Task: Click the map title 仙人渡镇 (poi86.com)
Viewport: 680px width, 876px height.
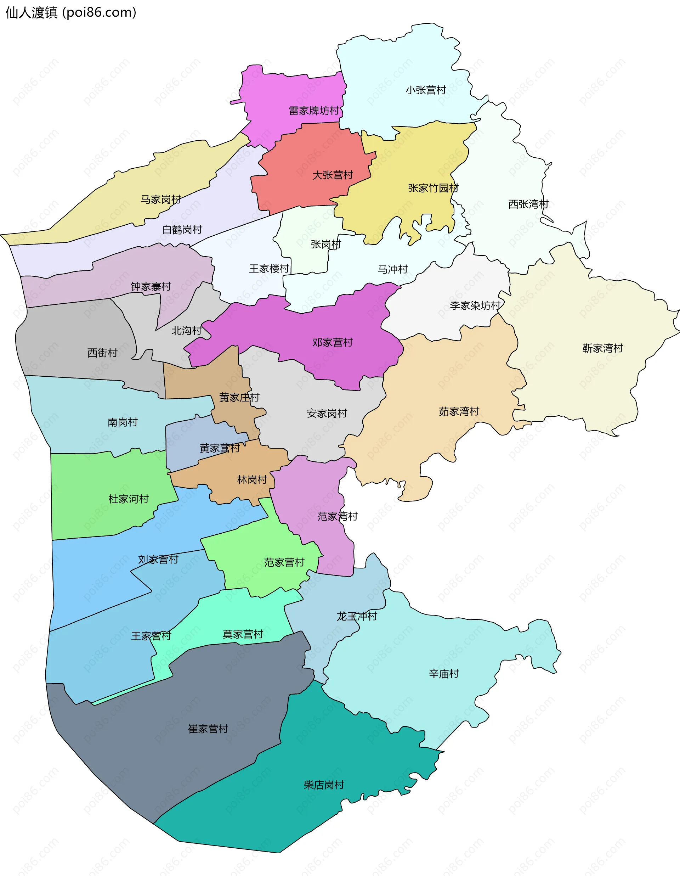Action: pos(71,13)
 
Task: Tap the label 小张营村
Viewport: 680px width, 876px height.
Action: pos(426,90)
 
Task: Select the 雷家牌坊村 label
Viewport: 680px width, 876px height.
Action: pos(314,111)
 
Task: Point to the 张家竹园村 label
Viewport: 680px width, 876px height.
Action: pos(433,188)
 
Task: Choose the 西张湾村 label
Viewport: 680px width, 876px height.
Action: pos(528,204)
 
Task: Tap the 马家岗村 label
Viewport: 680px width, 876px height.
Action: pos(161,200)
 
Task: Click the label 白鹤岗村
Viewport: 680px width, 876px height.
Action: pos(182,230)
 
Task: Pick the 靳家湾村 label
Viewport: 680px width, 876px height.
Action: pos(603,348)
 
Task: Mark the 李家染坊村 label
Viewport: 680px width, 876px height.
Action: pos(475,305)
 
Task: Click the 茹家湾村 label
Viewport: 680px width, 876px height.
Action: pos(459,411)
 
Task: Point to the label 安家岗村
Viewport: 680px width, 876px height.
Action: pos(327,414)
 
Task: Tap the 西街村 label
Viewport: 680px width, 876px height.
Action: pos(103,353)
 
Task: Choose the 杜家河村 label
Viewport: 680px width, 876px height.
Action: pos(128,499)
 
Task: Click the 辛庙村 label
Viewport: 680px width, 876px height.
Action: pos(444,674)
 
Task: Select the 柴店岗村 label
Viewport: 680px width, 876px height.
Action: pos(324,785)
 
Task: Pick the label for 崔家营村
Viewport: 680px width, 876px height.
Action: pos(208,729)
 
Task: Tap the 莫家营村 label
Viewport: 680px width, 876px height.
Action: pos(243,634)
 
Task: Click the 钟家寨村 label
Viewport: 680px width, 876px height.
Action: pos(151,287)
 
